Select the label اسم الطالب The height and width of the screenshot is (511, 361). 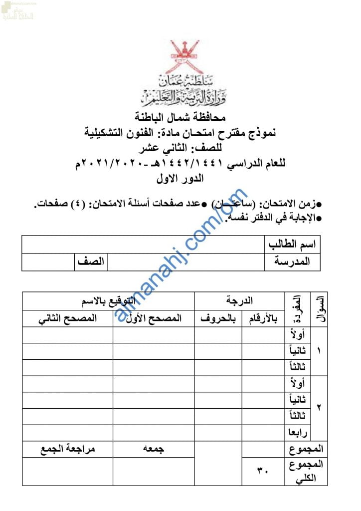pyautogui.click(x=293, y=245)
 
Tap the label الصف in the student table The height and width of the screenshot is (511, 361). pyautogui.click(x=91, y=261)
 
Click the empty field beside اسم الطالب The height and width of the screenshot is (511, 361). pyautogui.click(x=143, y=245)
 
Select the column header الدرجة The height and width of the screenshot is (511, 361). pyautogui.click(x=239, y=301)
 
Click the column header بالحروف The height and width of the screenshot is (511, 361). pyautogui.click(x=218, y=318)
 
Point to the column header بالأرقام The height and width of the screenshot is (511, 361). pyautogui.click(x=263, y=318)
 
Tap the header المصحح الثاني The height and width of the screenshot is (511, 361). pyautogui.click(x=68, y=318)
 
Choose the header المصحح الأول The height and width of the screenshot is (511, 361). pyautogui.click(x=154, y=318)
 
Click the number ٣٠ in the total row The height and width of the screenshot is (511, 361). pyautogui.click(x=262, y=470)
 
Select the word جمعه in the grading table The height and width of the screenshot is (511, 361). pyautogui.click(x=154, y=449)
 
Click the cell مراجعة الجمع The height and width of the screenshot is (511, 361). pyautogui.click(x=68, y=449)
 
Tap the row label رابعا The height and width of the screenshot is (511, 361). pyautogui.click(x=298, y=432)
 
